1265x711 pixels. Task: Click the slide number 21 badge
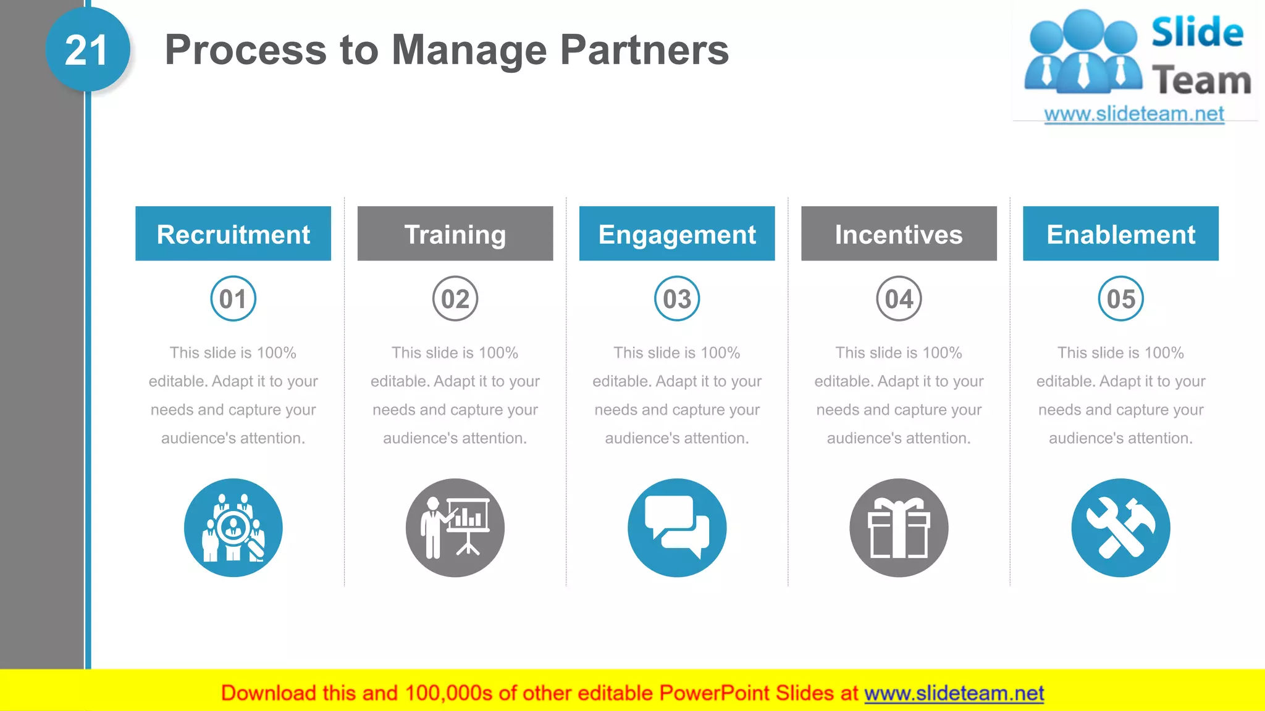87,50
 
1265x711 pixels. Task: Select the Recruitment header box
233,234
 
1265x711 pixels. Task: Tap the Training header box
455,234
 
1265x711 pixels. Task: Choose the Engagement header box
677,234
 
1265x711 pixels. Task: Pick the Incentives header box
899,234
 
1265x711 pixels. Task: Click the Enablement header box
1120,234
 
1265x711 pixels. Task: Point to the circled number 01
233,299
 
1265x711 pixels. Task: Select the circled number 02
455,299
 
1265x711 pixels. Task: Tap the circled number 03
677,299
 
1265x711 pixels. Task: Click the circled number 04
899,299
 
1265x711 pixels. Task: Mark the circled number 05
1120,299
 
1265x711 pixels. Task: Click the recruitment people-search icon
233,528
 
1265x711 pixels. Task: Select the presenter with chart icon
455,528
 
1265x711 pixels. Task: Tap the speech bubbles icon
677,528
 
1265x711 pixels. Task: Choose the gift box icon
899,528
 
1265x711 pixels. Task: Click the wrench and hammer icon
1120,528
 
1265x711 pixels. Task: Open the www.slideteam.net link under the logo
1134,114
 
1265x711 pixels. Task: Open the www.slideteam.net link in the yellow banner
954,693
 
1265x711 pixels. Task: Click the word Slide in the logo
1197,32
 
